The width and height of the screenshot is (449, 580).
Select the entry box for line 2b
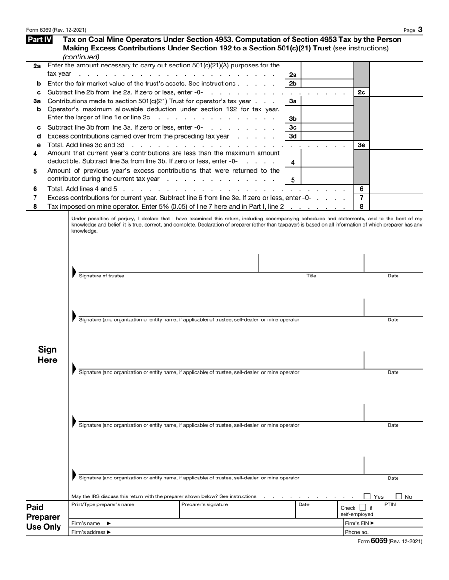326,84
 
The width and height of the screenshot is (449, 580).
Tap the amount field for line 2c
396,92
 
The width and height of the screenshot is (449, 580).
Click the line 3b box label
293,118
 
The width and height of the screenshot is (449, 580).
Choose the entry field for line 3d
326,136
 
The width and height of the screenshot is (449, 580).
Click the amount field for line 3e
396,145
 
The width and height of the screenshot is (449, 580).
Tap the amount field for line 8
396,206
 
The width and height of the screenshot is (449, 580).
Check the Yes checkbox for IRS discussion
367,496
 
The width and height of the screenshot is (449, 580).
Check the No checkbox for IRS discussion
398,496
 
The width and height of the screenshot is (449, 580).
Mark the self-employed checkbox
363,508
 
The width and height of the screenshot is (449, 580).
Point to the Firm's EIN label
360,523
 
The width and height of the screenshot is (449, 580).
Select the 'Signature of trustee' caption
102,276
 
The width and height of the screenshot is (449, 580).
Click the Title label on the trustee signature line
311,276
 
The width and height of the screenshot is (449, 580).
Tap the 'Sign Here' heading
47,355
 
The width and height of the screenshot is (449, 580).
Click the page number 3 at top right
420,30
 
